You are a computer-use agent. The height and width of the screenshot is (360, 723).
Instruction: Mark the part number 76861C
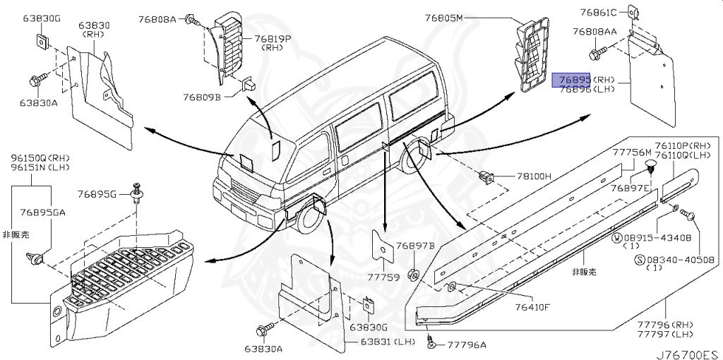599,12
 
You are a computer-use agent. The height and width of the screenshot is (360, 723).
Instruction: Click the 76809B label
204,96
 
